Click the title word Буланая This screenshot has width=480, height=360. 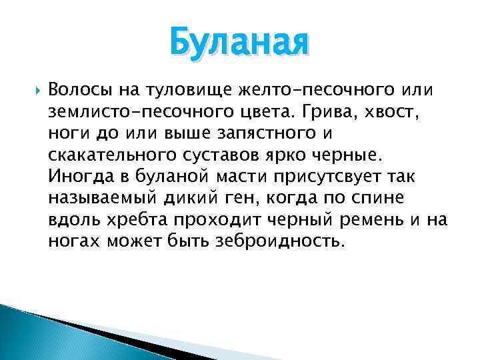point(239,41)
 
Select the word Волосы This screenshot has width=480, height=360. point(77,89)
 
